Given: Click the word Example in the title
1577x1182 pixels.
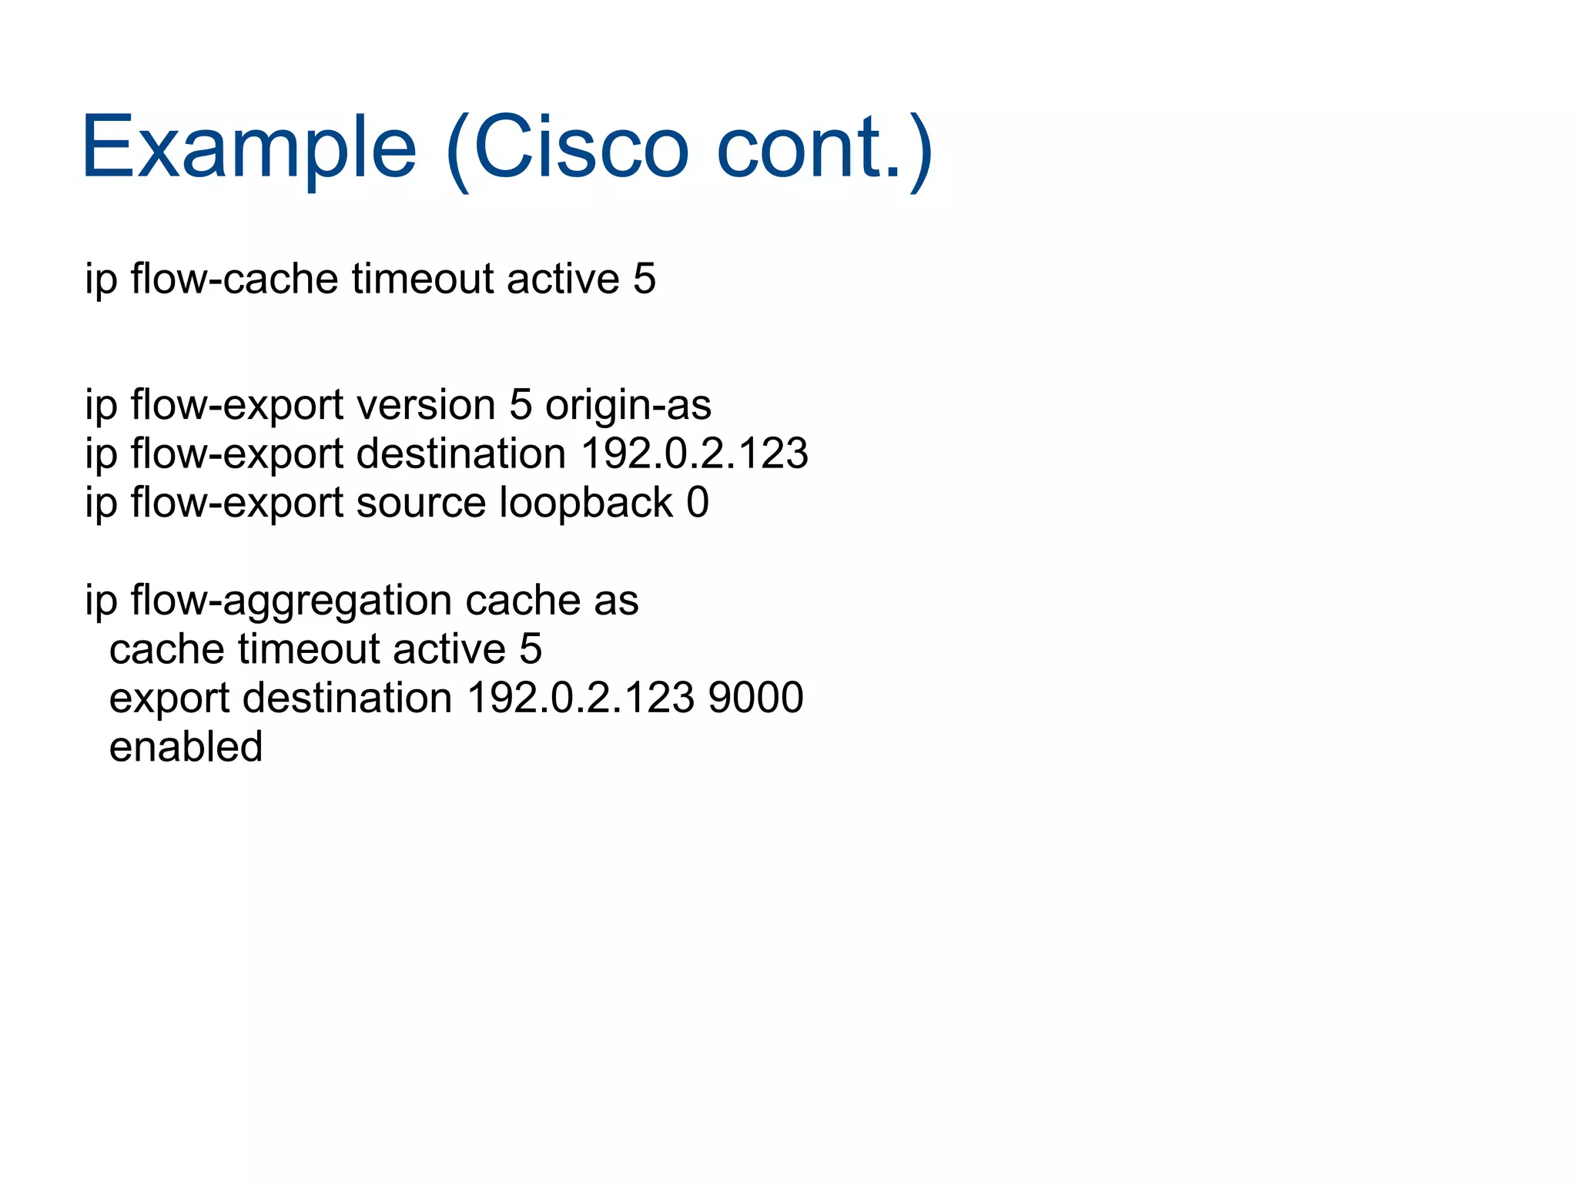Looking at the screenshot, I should (x=249, y=148).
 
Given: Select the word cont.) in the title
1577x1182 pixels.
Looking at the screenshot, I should (x=825, y=148).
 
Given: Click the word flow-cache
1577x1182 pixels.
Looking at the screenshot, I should (x=234, y=279).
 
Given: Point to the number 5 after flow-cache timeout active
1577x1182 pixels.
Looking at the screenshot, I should (x=645, y=279).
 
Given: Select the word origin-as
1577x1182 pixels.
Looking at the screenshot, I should (x=628, y=405).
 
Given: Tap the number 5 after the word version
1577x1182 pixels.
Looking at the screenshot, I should (x=521, y=405).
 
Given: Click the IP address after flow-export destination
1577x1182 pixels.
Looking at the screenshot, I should (x=695, y=454).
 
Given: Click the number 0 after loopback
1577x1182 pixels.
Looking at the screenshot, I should (x=698, y=503).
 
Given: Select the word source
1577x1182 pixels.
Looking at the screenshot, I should (x=421, y=503).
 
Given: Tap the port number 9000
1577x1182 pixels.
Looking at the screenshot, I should (x=755, y=698).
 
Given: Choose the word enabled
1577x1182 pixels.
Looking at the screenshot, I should (x=186, y=747).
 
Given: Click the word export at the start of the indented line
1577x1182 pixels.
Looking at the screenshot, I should (x=169, y=698).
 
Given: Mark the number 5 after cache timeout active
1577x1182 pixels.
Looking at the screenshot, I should (x=531, y=649).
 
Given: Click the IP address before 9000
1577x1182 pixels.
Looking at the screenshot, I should (x=581, y=698).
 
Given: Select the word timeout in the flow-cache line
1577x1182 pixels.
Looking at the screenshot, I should (x=423, y=279).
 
